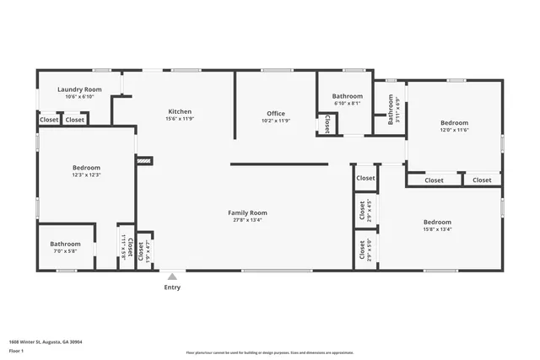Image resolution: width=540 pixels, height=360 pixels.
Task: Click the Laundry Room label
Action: [x=79, y=89]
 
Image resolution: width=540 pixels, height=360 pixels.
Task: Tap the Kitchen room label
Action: [x=180, y=111]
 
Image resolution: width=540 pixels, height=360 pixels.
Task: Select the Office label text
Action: [x=276, y=113]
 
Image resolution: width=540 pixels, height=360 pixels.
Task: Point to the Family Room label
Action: [x=247, y=212]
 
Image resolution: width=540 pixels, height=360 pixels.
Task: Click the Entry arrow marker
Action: [x=172, y=276]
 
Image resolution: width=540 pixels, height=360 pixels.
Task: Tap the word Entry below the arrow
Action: [x=172, y=287]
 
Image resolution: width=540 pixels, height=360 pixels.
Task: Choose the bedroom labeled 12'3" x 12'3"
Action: [x=86, y=168]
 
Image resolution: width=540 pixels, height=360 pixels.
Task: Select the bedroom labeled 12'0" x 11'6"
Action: [x=454, y=122]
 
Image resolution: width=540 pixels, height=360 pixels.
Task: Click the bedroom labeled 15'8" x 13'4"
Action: [x=437, y=222]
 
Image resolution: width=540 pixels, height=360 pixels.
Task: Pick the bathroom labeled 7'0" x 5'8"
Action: [x=65, y=244]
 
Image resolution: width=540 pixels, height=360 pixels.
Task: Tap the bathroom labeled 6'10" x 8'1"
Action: [x=347, y=96]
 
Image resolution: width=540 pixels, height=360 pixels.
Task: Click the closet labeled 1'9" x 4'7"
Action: [x=144, y=250]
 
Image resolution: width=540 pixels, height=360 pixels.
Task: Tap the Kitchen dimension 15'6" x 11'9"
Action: [x=180, y=119]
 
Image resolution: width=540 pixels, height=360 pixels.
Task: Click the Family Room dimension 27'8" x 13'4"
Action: [x=247, y=220]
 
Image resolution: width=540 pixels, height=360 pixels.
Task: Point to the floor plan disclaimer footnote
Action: [x=269, y=352]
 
